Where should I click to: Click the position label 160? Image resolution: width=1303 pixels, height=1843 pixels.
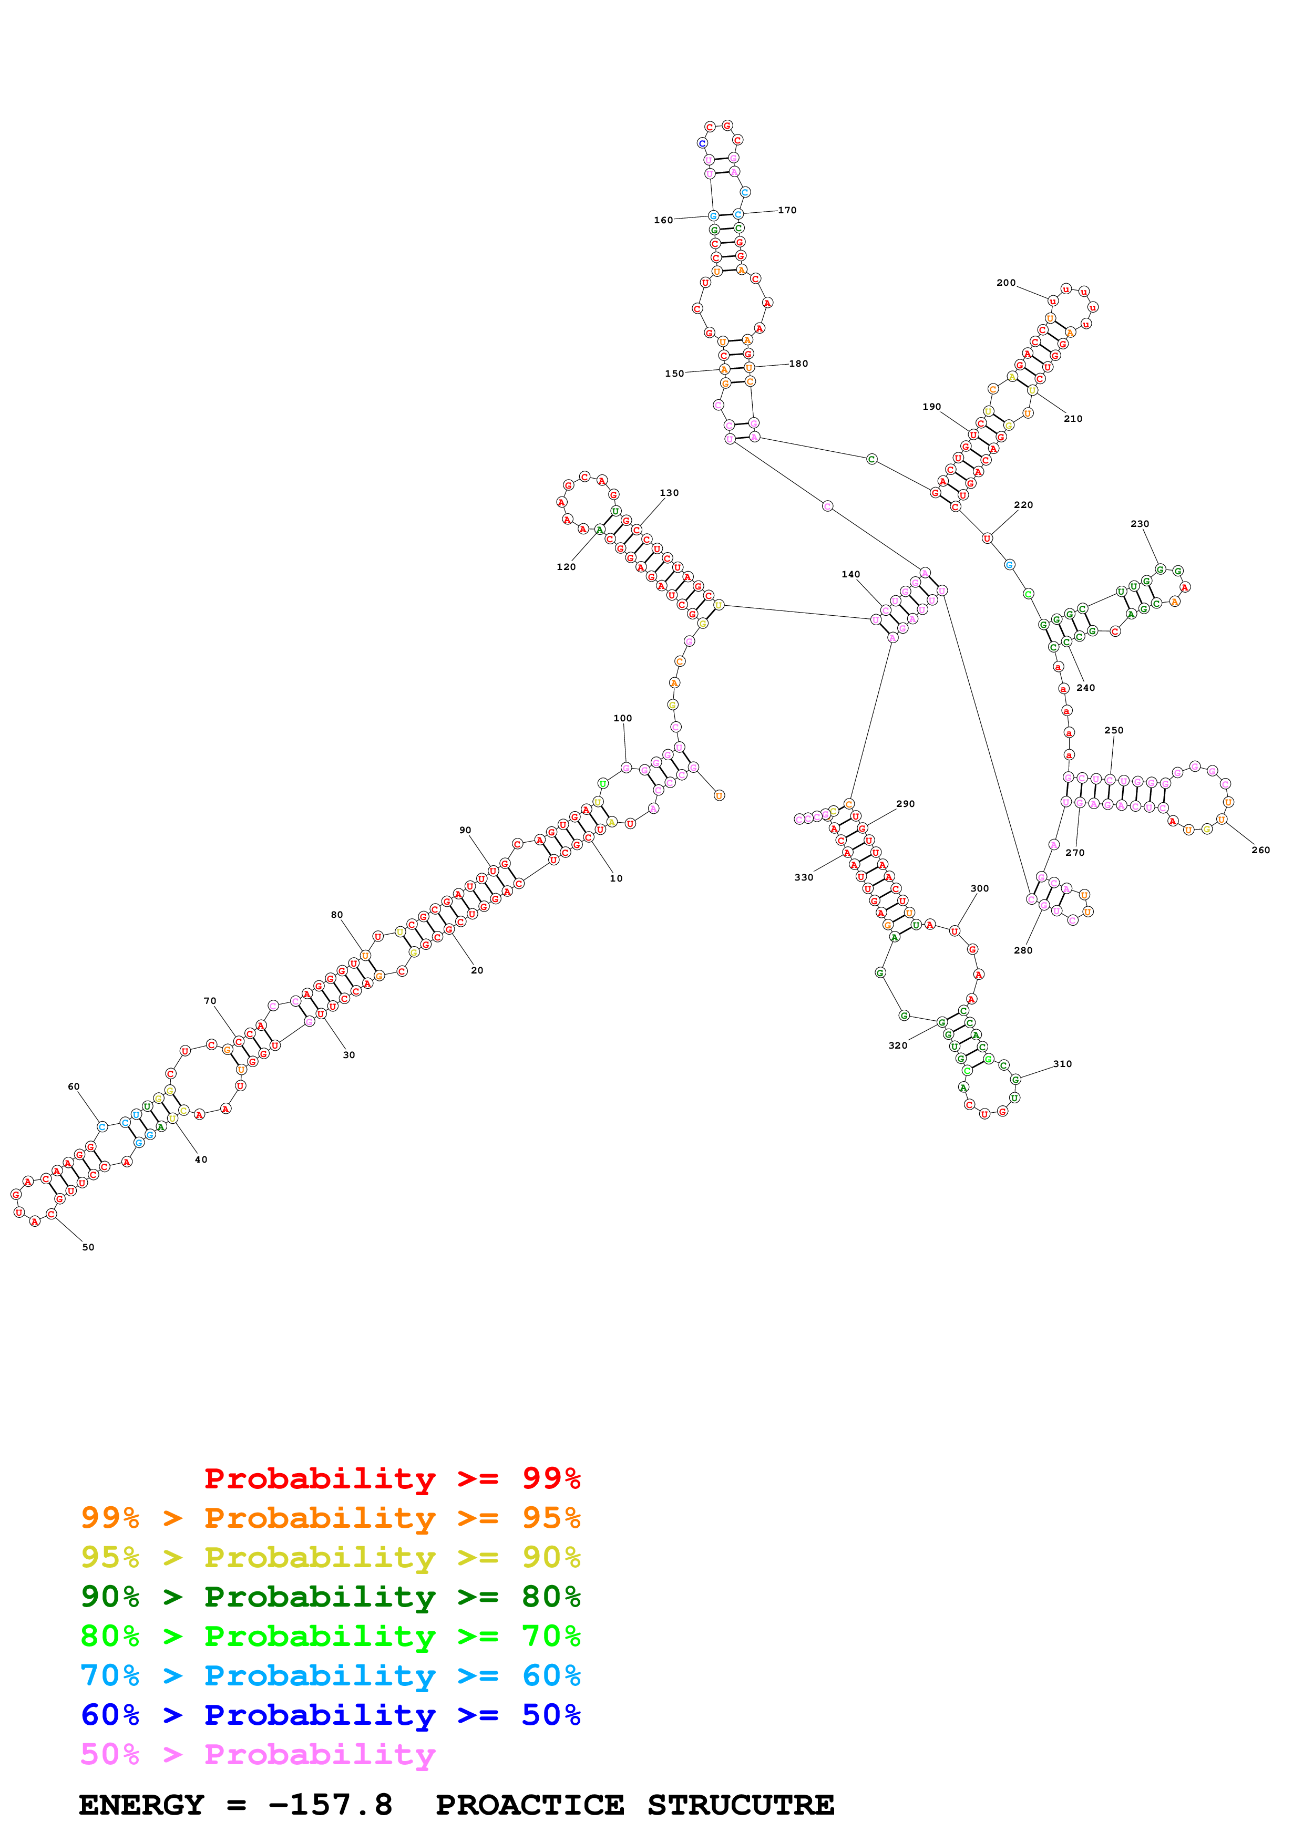(663, 220)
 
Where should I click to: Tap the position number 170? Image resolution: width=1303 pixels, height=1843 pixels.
(787, 210)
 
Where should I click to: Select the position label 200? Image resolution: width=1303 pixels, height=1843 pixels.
(1006, 283)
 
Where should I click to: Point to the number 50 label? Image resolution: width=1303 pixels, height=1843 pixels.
(88, 1247)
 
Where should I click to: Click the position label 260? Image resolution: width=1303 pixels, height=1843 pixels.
(1260, 850)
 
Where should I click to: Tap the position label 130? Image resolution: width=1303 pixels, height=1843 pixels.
(669, 493)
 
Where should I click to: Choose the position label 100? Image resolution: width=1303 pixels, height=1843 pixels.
(622, 718)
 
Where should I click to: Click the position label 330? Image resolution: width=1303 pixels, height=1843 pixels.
(804, 877)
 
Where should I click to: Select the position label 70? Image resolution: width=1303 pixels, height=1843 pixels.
(210, 1001)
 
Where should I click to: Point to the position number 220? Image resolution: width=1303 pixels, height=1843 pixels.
(1023, 505)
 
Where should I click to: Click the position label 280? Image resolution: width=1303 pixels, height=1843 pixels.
(1023, 950)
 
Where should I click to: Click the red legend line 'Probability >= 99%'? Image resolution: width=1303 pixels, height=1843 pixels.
(392, 1478)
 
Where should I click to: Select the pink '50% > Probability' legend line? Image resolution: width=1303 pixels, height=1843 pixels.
(258, 1755)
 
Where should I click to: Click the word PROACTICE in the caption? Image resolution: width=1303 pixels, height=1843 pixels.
(530, 1805)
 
